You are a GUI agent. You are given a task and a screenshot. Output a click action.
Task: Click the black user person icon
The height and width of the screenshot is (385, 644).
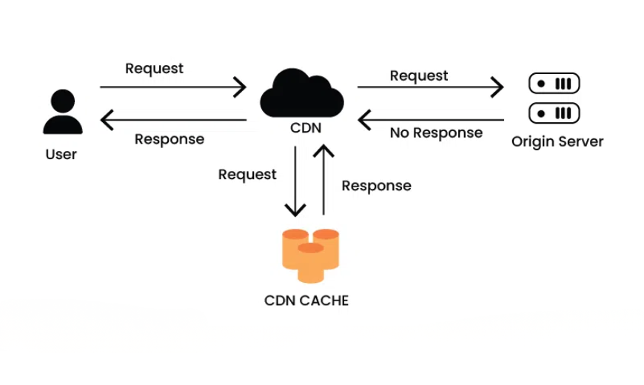click(x=63, y=113)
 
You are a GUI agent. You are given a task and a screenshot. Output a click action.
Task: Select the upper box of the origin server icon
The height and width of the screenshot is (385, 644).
click(x=554, y=84)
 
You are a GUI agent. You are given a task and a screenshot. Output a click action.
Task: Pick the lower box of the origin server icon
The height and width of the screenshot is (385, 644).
click(x=554, y=113)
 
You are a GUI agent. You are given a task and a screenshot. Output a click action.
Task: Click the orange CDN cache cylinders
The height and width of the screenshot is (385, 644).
click(x=310, y=254)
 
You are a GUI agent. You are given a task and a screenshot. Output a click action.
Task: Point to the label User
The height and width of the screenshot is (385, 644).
click(x=61, y=155)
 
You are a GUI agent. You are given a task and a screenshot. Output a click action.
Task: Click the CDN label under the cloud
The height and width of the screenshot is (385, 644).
click(x=306, y=128)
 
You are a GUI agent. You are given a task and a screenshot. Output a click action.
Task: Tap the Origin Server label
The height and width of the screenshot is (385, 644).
click(x=557, y=141)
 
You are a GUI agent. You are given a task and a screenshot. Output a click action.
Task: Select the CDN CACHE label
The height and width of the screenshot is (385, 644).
click(x=306, y=301)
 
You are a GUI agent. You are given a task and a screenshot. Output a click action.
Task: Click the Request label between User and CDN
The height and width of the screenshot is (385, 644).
click(x=154, y=68)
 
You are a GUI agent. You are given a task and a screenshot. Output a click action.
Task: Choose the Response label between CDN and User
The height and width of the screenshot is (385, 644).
click(x=170, y=138)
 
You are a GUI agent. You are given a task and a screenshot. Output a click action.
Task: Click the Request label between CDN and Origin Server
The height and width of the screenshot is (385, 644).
click(x=419, y=76)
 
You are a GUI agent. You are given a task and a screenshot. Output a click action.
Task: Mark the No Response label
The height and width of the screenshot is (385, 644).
click(x=436, y=133)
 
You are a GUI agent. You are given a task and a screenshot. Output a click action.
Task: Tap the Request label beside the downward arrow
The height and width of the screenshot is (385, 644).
click(x=247, y=174)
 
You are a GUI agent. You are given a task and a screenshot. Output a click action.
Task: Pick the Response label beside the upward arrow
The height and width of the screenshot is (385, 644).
click(x=376, y=186)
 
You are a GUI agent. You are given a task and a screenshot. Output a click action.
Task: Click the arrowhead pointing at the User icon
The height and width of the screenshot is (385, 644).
click(x=106, y=119)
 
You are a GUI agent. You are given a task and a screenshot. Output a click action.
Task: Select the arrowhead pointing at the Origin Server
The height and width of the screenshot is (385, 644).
click(x=498, y=87)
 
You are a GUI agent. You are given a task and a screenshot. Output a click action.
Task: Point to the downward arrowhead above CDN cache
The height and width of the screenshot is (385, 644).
click(x=295, y=210)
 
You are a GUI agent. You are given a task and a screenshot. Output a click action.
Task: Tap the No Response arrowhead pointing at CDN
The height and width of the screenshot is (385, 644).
click(x=363, y=119)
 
